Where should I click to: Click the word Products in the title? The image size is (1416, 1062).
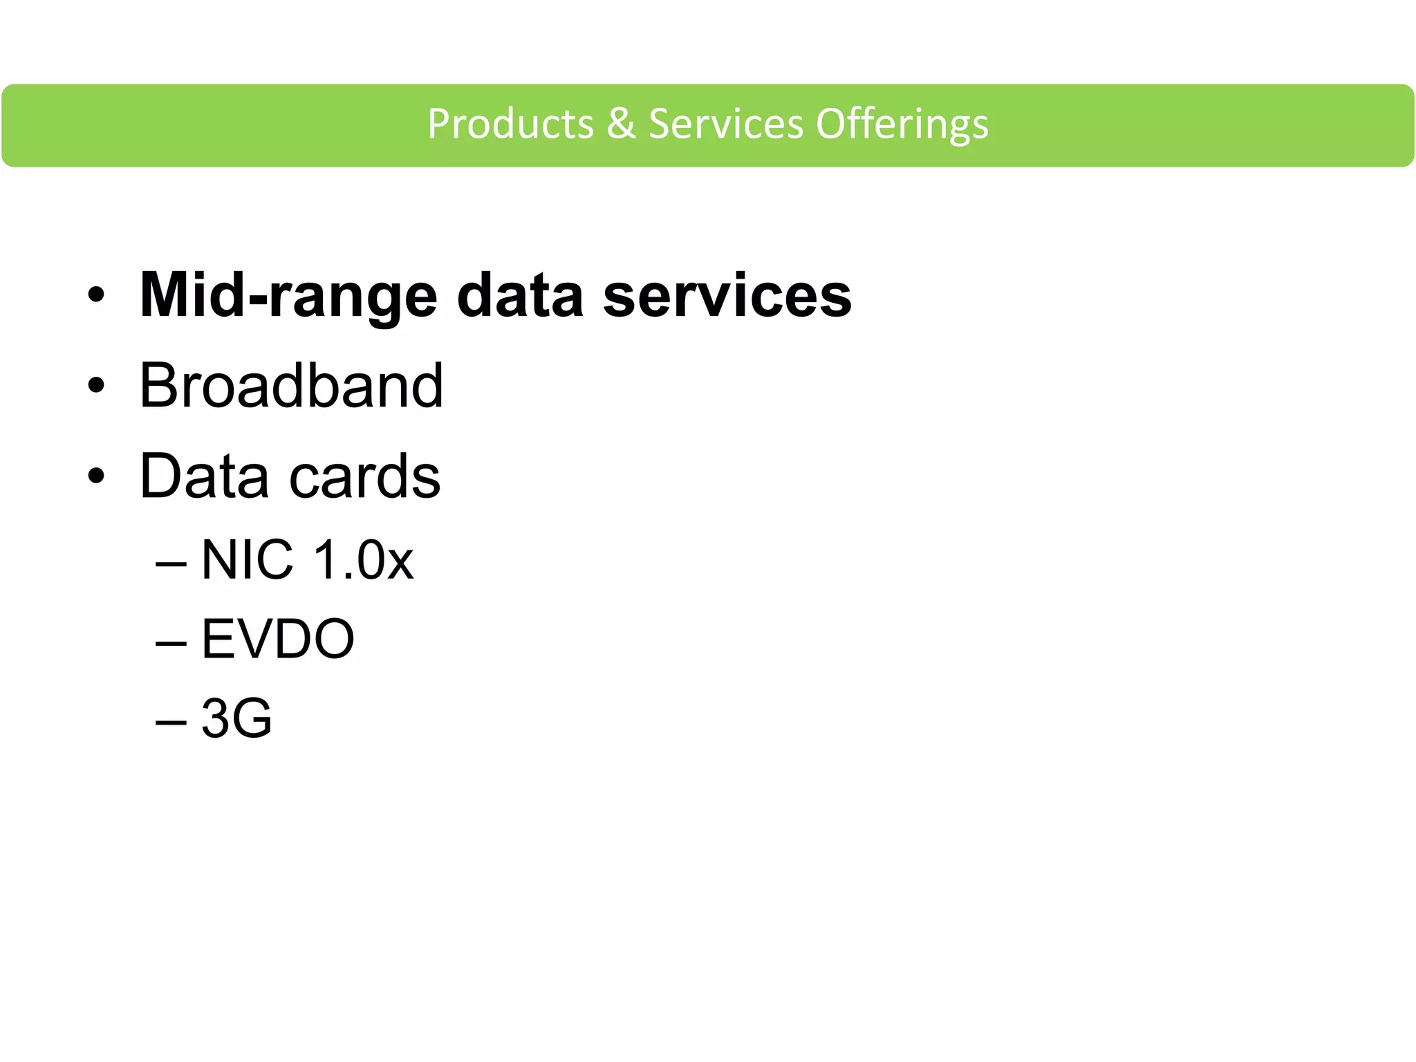[510, 124]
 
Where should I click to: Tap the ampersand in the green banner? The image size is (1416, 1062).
[621, 124]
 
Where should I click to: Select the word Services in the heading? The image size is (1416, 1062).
[725, 124]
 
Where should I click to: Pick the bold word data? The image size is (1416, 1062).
[520, 296]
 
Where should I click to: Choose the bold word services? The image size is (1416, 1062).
[727, 296]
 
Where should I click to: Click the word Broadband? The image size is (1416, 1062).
[291, 386]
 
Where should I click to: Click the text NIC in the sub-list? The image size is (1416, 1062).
[247, 559]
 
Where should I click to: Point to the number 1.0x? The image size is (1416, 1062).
[363, 559]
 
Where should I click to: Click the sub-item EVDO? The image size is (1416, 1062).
[277, 639]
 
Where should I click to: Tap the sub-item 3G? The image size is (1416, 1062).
[236, 718]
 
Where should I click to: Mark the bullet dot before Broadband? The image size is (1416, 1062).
[96, 386]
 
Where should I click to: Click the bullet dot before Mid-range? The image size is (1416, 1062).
[96, 296]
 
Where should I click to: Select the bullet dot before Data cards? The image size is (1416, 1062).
[96, 476]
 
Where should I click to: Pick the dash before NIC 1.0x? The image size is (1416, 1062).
[171, 563]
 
